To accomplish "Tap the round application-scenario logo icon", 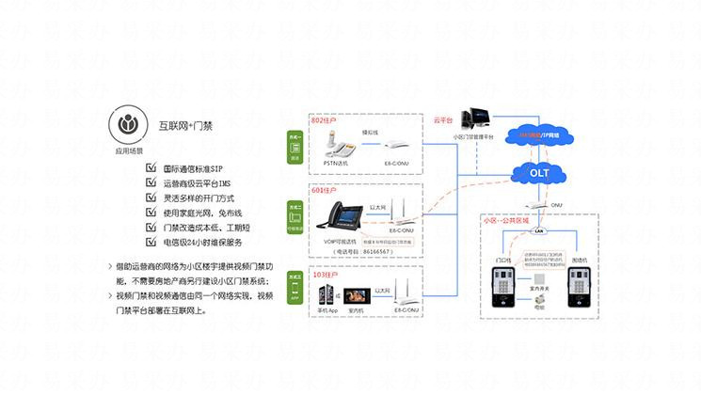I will (x=129, y=125).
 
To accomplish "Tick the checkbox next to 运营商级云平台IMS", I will (x=151, y=184).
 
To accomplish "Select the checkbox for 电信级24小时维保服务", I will (x=151, y=242).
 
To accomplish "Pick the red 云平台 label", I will (x=443, y=120).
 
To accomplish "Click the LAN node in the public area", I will (x=540, y=229).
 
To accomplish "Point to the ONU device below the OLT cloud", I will (x=535, y=202).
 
